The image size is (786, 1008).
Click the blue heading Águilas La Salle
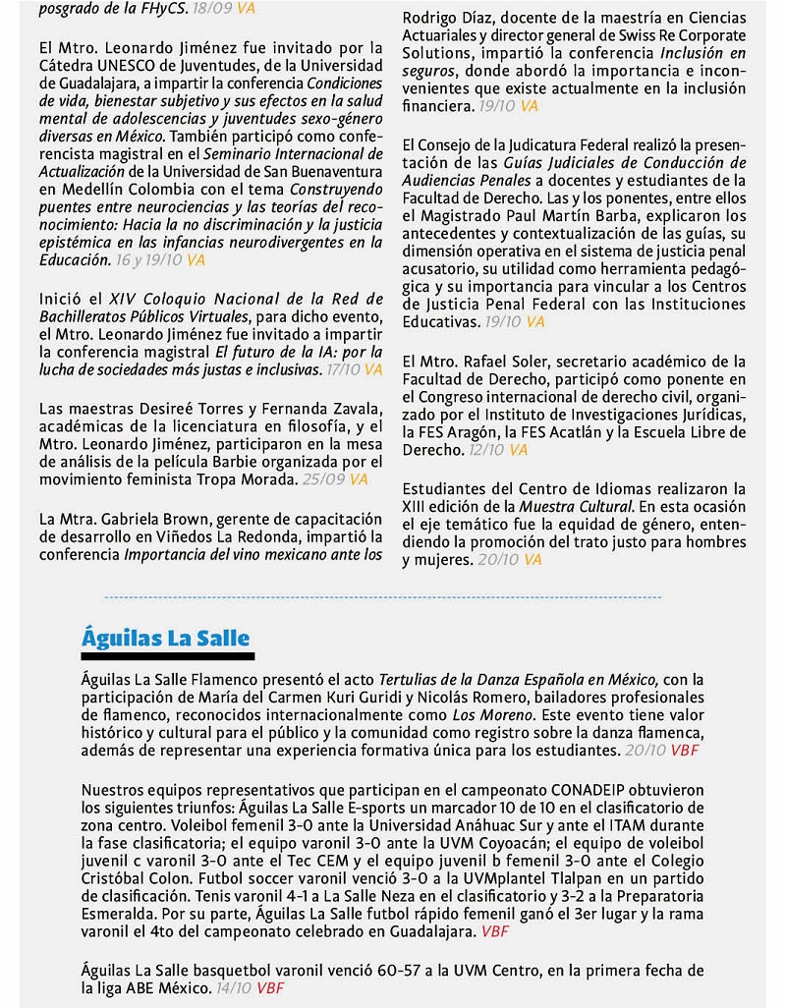[165, 638]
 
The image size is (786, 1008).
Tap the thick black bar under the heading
[167, 656]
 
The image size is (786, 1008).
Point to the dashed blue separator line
[383, 596]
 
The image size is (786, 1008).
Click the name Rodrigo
[430, 19]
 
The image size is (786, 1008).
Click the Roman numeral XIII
[419, 506]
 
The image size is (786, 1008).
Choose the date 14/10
[233, 987]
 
